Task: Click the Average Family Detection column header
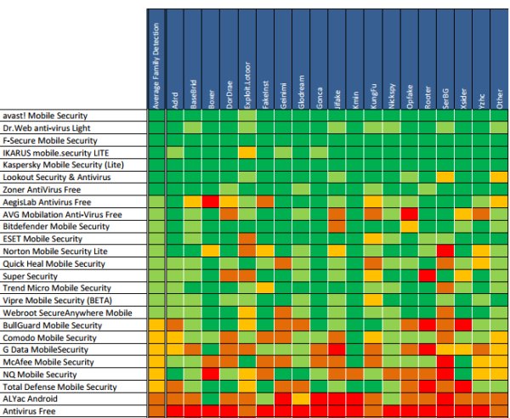(156, 59)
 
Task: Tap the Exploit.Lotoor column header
(246, 59)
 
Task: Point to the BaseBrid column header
(192, 59)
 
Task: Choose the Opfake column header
(409, 59)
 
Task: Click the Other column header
(499, 59)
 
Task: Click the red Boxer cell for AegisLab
(210, 201)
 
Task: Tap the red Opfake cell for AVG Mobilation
(409, 214)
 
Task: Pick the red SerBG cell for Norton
(445, 251)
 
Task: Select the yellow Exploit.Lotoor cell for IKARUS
(246, 152)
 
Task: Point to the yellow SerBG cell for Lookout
(445, 177)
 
